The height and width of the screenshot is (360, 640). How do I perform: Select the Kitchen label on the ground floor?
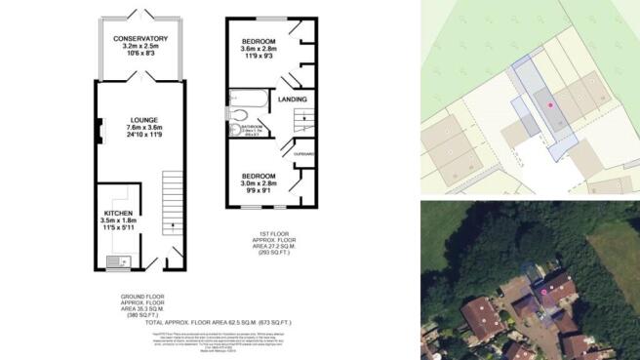pos(115,216)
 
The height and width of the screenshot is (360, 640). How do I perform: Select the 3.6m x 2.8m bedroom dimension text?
pos(260,49)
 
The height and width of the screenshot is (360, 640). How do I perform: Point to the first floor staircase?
pos(303,121)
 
